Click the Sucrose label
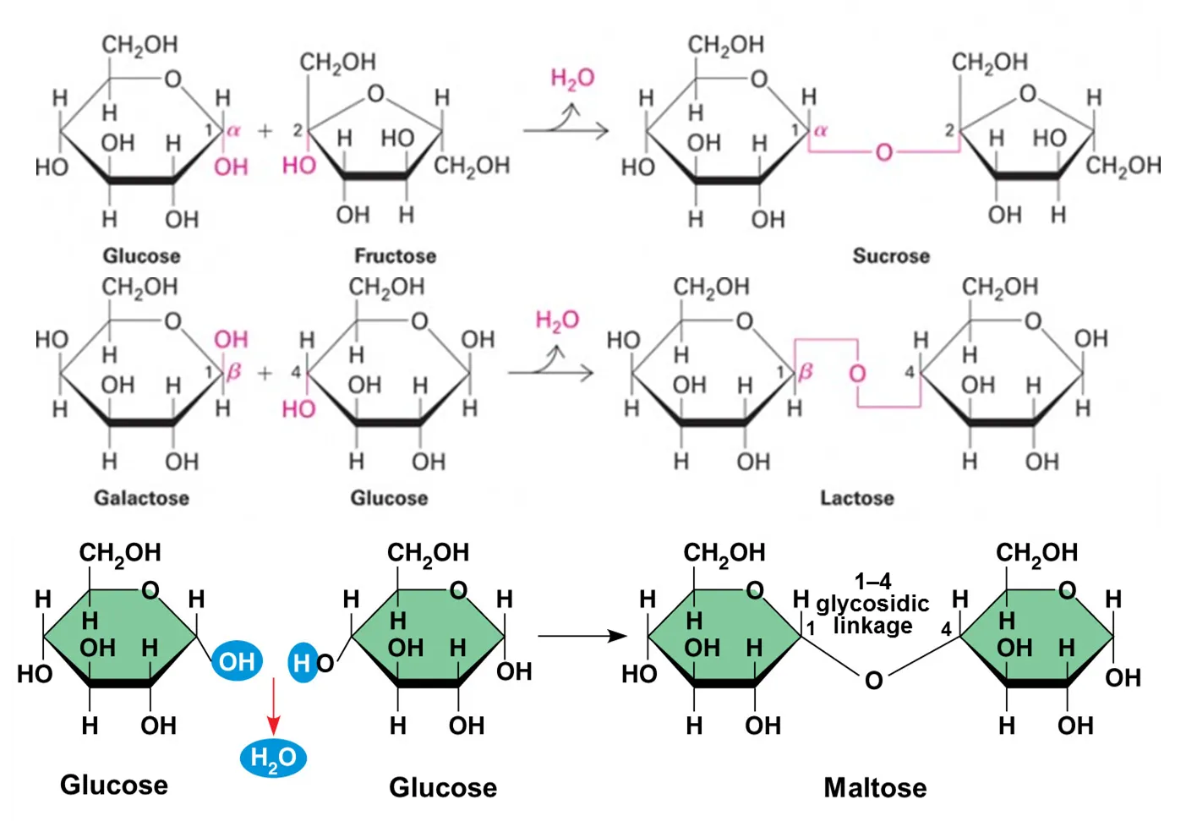[890, 255]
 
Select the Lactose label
[856, 498]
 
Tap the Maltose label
[875, 787]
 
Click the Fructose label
[395, 255]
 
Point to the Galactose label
[141, 498]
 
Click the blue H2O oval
[273, 758]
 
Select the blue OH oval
[237, 661]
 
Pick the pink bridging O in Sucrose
[883, 152]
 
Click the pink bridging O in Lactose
[857, 373]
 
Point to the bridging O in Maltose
[873, 680]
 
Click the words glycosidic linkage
[872, 615]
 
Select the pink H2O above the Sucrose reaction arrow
[572, 79]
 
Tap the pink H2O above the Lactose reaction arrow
[557, 320]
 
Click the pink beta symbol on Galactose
[234, 371]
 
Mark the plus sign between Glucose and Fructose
[265, 130]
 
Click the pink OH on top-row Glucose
[231, 167]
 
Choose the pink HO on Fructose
[298, 165]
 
